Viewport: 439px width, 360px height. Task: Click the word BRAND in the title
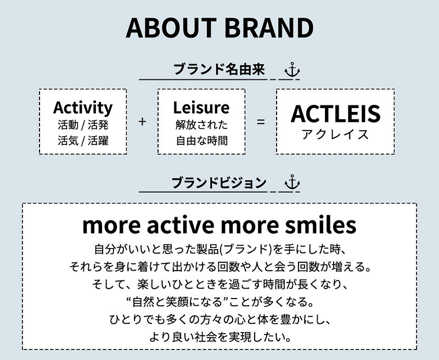[269, 27]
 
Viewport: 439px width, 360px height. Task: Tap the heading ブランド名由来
[219, 69]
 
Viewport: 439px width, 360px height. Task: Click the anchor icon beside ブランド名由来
[292, 70]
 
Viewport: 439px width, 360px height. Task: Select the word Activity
[83, 108]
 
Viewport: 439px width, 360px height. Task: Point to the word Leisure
[201, 107]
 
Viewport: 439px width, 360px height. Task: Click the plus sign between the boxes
[142, 121]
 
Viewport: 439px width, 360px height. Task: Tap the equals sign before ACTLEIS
[261, 122]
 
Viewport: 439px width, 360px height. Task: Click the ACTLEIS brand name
[335, 114]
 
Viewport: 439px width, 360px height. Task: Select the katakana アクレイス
[335, 134]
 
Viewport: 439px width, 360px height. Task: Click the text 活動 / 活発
[83, 125]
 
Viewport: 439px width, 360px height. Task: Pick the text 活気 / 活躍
[83, 140]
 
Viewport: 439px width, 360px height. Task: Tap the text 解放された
[201, 125]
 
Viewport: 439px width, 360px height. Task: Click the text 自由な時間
[201, 140]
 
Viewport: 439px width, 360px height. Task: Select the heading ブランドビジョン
[219, 183]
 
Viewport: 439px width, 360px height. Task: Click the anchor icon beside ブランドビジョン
[292, 182]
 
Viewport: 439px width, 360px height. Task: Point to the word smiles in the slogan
[320, 225]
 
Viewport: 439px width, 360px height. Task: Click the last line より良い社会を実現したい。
[220, 337]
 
